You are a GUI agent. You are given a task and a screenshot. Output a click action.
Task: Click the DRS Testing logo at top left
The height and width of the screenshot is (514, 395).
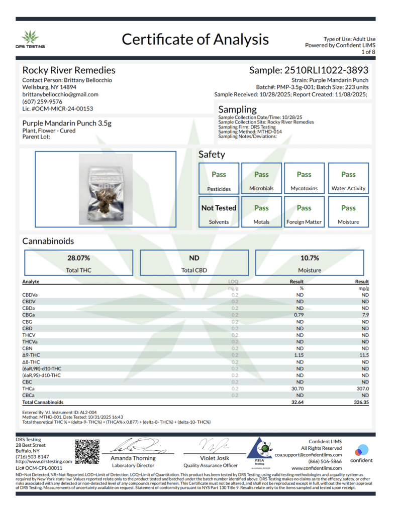33,39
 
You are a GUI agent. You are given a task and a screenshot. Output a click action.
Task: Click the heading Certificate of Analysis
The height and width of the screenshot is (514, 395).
195,39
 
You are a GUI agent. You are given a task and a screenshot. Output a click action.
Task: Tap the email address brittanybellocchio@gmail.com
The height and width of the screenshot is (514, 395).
60,94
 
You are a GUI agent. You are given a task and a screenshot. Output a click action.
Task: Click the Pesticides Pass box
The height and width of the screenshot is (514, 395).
219,180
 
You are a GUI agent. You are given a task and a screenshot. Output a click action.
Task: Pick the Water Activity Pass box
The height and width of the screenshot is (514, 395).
348,180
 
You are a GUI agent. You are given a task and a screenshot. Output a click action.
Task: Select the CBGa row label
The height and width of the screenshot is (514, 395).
29,315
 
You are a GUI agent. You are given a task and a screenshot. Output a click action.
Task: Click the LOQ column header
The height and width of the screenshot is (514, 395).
233,282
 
